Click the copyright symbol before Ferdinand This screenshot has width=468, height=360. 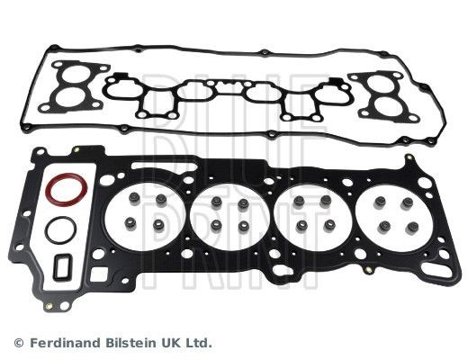coord(18,343)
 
